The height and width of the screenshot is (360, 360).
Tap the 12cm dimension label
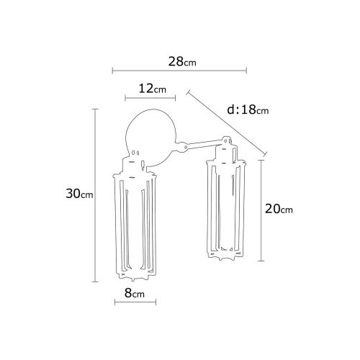click(152, 89)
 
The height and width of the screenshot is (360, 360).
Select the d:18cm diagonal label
click(248, 110)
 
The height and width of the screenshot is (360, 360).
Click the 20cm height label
click(279, 210)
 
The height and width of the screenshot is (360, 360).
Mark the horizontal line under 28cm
click(180, 71)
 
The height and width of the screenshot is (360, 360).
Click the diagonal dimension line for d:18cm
click(227, 122)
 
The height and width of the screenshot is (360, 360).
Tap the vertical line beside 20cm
click(261, 210)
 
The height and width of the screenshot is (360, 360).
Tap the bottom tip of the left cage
click(135, 278)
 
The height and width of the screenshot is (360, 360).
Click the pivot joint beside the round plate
click(186, 147)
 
